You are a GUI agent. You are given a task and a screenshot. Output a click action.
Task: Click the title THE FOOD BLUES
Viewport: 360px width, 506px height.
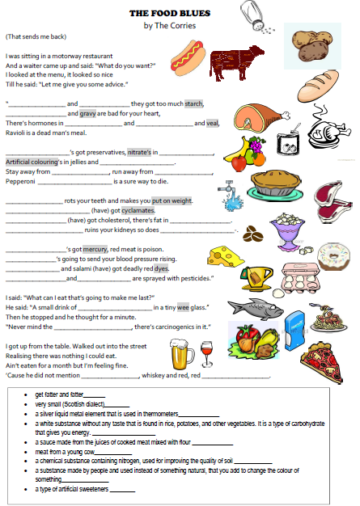pos(170,14)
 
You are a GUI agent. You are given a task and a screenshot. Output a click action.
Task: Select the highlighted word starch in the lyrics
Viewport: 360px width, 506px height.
pos(194,103)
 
